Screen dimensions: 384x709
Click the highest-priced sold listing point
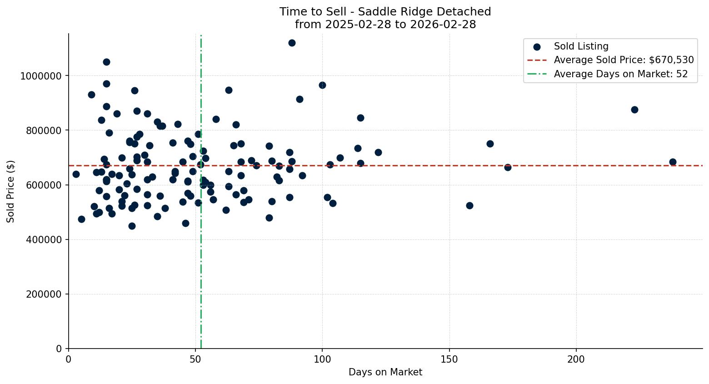point(292,43)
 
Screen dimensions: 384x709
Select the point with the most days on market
point(673,162)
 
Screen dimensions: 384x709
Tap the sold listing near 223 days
point(634,110)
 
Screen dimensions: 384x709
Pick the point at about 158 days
point(469,205)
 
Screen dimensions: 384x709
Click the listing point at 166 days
point(490,144)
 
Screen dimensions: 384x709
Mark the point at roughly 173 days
point(508,167)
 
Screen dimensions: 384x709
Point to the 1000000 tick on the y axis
point(40,76)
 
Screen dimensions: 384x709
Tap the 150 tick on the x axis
point(449,359)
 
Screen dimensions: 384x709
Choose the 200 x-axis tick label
point(576,359)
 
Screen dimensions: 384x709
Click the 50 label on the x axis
point(195,359)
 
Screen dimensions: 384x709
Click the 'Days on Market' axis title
point(385,372)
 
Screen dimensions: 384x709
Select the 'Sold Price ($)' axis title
point(11,191)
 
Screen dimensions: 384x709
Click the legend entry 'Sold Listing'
point(581,46)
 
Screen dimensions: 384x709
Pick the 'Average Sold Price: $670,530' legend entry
point(624,60)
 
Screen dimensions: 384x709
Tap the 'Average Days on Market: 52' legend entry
point(620,74)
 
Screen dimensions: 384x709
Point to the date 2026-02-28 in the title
point(443,25)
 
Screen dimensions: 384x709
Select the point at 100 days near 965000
point(322,85)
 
